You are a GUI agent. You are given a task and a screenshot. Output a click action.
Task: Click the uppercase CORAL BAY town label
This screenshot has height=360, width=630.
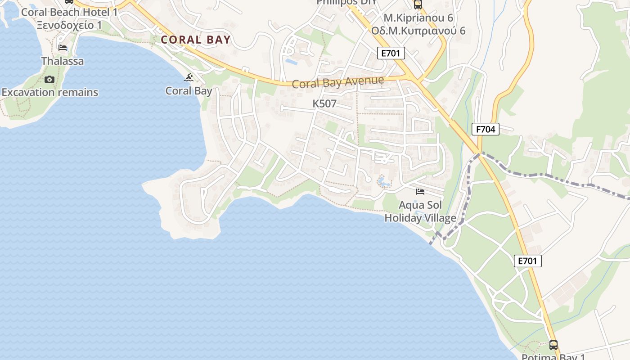196,40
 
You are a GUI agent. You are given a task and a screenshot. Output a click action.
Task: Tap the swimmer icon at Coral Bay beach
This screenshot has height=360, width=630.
189,78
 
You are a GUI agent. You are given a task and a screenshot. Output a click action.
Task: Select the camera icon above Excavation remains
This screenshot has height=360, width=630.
49,80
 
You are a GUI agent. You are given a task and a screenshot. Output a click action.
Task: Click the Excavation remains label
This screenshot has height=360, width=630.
49,92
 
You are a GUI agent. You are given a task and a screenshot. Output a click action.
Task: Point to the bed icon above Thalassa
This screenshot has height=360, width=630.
63,48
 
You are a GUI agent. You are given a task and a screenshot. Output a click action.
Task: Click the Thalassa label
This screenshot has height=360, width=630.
62,61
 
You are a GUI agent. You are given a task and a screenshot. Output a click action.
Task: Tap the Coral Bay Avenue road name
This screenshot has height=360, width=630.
338,82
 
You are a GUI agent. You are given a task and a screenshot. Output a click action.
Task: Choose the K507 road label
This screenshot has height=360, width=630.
324,103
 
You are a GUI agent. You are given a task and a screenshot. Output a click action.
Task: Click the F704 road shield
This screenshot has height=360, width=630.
486,130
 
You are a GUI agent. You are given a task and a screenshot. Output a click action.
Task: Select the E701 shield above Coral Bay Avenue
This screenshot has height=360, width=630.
391,54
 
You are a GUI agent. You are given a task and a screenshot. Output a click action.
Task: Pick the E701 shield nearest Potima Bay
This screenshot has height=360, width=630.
527,261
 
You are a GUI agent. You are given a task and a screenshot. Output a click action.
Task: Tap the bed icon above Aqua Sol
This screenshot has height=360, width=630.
420,192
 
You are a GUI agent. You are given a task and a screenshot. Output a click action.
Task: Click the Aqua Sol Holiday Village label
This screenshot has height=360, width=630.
420,211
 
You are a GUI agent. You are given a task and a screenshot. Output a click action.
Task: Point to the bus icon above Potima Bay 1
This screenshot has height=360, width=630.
553,345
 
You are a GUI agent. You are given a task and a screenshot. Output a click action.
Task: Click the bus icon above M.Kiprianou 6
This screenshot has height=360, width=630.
418,5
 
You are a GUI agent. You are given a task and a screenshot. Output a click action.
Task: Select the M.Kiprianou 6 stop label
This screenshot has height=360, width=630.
418,18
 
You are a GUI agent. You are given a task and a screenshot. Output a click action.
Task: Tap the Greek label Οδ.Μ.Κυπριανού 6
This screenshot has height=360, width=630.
418,31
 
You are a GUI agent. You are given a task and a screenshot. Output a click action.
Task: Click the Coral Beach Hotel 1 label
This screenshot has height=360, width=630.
69,12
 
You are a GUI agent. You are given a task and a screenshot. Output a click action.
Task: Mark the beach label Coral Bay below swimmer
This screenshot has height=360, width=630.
189,90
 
